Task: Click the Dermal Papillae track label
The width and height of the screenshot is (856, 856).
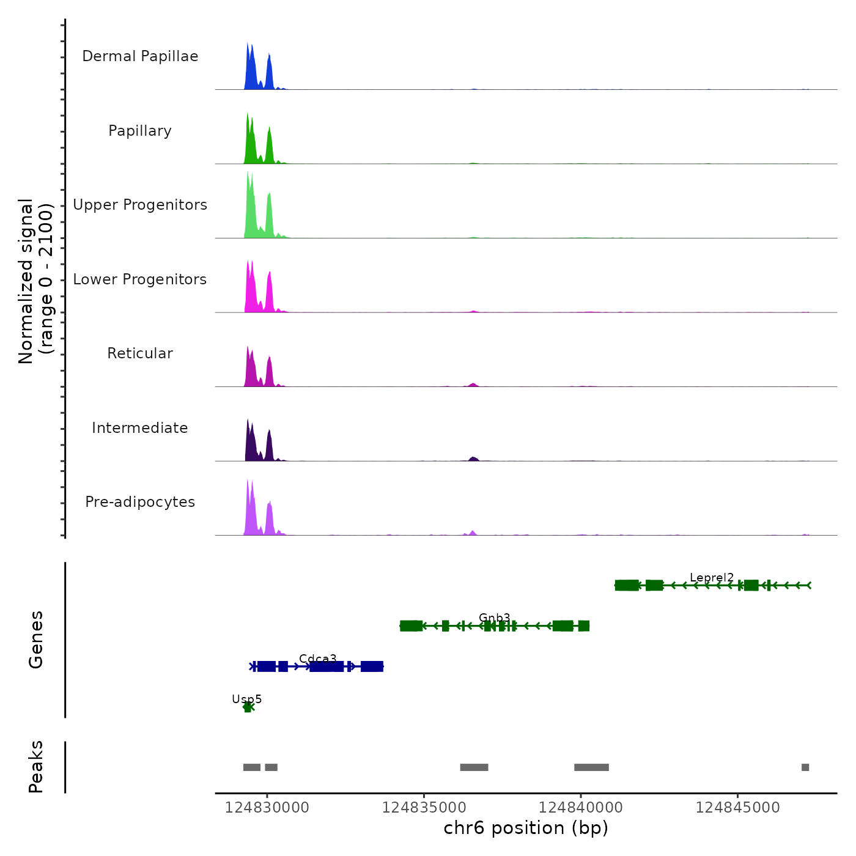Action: (x=140, y=56)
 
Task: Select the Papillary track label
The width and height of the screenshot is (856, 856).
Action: (x=140, y=131)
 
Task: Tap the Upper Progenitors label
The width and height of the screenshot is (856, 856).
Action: (x=140, y=205)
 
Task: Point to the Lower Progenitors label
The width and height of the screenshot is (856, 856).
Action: (x=140, y=279)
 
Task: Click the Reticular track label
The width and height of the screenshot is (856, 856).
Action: (x=140, y=353)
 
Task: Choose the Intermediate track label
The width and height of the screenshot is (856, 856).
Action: (x=140, y=428)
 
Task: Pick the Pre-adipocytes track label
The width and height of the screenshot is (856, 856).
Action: (x=140, y=502)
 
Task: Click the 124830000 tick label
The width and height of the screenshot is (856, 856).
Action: (x=267, y=808)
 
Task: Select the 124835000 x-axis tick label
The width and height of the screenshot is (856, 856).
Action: (x=424, y=808)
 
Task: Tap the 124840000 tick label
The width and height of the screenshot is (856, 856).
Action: (x=581, y=808)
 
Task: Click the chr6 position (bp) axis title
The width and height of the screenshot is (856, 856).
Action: (x=526, y=828)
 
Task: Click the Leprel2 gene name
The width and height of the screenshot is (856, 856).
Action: (x=712, y=577)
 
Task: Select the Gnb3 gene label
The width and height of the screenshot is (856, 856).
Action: (x=494, y=618)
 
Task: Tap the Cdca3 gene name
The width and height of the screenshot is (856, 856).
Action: (x=318, y=659)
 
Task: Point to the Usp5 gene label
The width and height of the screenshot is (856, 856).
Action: (x=246, y=699)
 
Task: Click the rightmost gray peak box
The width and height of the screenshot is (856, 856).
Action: (x=805, y=767)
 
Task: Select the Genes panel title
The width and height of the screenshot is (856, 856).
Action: (x=36, y=640)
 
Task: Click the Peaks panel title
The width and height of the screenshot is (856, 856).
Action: (x=36, y=767)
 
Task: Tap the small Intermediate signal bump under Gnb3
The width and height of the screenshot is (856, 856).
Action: (x=473, y=458)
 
